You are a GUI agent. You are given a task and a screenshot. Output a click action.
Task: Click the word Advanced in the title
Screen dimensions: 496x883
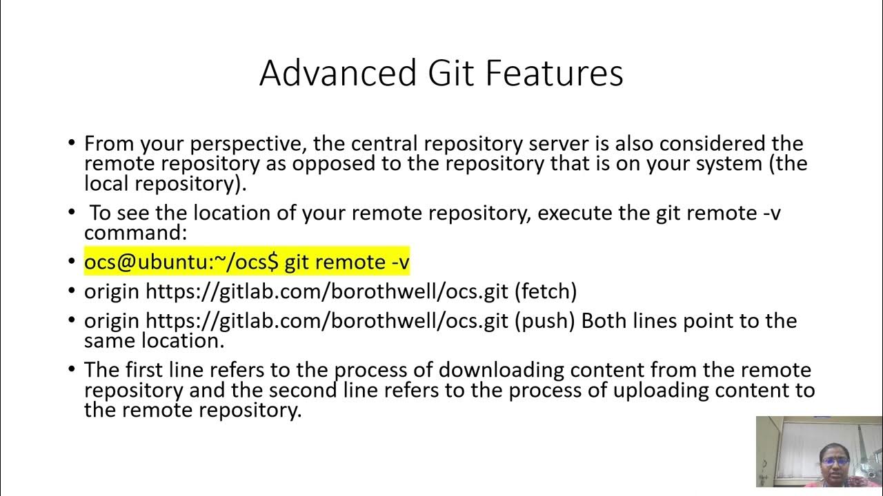click(x=337, y=73)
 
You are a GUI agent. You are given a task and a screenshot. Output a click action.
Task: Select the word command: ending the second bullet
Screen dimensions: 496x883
click(x=135, y=233)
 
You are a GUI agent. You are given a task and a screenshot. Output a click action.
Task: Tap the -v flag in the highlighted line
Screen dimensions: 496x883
click(x=399, y=262)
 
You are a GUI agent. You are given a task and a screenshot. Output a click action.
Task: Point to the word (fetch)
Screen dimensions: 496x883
click(x=546, y=291)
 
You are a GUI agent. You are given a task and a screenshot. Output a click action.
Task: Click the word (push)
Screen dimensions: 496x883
click(x=544, y=321)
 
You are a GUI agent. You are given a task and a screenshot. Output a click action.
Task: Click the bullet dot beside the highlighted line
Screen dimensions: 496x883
click(x=71, y=262)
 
